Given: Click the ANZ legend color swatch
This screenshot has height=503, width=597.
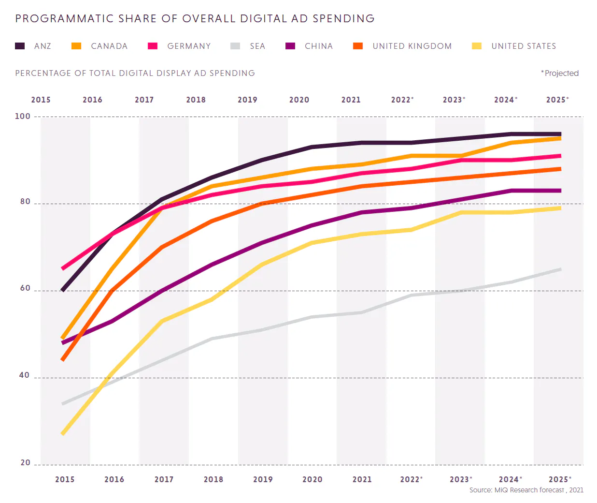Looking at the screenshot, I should [20, 46].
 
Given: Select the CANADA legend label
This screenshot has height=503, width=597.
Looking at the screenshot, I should [109, 46].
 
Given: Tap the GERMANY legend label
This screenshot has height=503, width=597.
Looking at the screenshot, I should [189, 46].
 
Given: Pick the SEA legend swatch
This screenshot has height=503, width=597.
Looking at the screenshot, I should [235, 46].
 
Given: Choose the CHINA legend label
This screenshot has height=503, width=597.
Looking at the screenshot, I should [319, 46].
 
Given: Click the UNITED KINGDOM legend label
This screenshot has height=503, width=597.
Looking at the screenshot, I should [412, 46].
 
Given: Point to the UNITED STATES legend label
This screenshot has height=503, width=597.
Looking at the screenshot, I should [524, 46].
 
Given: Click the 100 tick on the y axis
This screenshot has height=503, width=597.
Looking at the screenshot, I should [23, 116].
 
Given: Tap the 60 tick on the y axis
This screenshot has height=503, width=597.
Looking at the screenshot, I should [25, 288].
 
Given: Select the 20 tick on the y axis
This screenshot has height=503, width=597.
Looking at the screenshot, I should [25, 463].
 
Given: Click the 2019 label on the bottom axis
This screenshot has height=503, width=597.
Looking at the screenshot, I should [263, 479].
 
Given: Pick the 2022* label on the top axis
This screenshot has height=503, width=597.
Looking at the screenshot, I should [402, 100].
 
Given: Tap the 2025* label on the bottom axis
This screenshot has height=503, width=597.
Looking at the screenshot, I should [560, 479].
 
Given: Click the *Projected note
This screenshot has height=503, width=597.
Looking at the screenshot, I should [560, 73].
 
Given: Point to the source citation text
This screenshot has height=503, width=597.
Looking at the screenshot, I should [526, 490].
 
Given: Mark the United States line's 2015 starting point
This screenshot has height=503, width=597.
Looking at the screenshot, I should [63, 434].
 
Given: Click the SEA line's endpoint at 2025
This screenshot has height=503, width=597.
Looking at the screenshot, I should [560, 269].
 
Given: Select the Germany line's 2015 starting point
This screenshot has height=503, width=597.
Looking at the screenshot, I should [63, 268].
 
